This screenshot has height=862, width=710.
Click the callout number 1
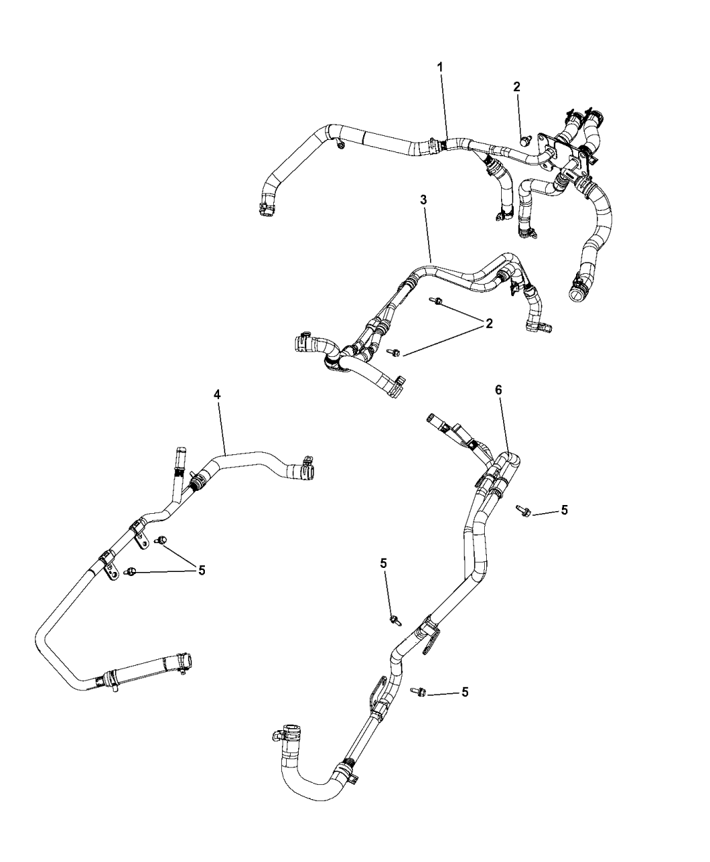pos(440,68)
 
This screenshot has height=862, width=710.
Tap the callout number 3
pos(423,201)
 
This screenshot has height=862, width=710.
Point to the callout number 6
pos(498,390)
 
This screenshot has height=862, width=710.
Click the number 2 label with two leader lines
pos(488,324)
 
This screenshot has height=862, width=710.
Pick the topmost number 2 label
pos(517,87)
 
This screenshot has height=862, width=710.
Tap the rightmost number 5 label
pos(564,510)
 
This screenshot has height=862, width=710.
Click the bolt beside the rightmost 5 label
pos(523,511)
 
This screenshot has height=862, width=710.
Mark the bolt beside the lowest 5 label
pos(418,690)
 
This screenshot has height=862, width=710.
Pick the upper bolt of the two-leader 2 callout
pos(436,301)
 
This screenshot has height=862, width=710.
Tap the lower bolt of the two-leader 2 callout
pos(394,352)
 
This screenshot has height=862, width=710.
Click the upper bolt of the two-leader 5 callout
pos(162,539)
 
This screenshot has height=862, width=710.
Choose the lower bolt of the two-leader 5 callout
pos(132,572)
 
